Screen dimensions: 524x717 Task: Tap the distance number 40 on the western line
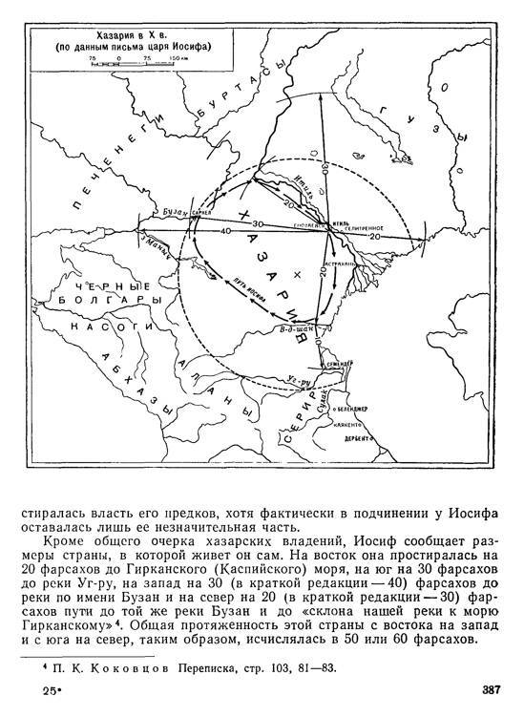pyautogui.click(x=225, y=231)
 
